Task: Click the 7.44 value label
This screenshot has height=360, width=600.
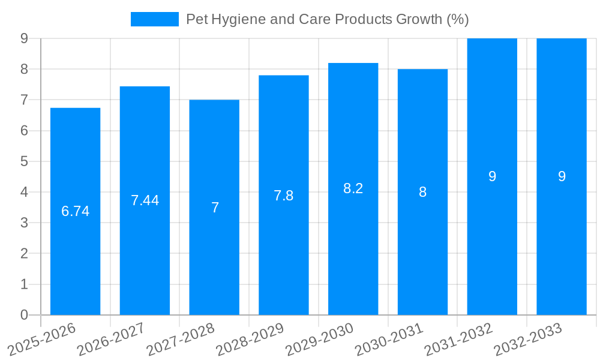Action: coord(145,200)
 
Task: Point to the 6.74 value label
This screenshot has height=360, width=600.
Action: coord(75,211)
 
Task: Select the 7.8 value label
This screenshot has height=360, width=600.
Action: coord(284,196)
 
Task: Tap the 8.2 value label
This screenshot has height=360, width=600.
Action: coord(353,188)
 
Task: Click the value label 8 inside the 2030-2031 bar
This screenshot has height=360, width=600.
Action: coord(422,192)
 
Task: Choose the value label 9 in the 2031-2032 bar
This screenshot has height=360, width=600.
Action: coord(492,176)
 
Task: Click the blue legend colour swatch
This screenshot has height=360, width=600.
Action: coord(155,19)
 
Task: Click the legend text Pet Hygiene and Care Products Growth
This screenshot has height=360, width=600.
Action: coord(327,19)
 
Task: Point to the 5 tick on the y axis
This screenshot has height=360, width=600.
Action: coord(24,161)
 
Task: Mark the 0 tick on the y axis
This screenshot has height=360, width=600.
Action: coord(24,315)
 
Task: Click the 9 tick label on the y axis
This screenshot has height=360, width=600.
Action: coord(24,38)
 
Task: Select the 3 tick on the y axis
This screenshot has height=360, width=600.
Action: coord(24,223)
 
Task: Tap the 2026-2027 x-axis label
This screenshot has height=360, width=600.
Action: coord(111,339)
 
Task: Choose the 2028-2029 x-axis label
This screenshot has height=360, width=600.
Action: coord(250,339)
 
